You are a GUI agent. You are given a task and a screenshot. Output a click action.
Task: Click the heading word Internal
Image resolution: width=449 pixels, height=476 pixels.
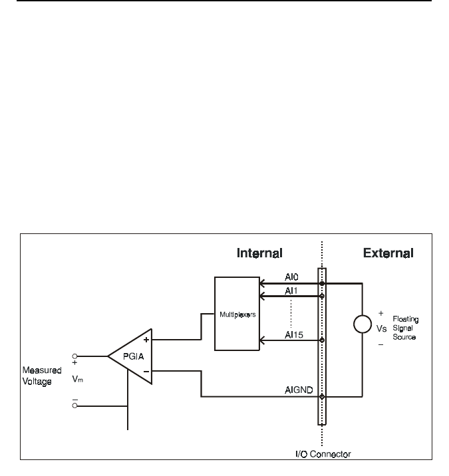pyautogui.click(x=259, y=253)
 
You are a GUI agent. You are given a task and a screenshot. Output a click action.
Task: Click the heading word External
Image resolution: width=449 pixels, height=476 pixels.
pyautogui.click(x=388, y=253)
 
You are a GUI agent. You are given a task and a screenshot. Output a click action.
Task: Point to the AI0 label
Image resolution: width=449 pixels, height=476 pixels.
pyautogui.click(x=291, y=277)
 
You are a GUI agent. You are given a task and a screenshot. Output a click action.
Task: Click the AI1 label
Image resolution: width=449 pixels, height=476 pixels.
pyautogui.click(x=291, y=291)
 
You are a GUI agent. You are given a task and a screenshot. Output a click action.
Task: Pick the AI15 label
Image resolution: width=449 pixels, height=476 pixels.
pyautogui.click(x=294, y=335)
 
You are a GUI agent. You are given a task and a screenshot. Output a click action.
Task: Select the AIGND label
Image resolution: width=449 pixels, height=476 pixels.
pyautogui.click(x=299, y=390)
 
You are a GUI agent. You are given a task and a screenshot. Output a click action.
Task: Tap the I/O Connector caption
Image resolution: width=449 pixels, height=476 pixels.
pyautogui.click(x=323, y=454)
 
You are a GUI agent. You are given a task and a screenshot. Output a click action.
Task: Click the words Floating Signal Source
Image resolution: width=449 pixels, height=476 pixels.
pyautogui.click(x=405, y=328)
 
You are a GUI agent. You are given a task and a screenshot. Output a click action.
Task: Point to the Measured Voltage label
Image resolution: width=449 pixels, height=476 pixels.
pyautogui.click(x=42, y=376)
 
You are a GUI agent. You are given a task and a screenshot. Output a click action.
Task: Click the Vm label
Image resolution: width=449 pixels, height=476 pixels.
pyautogui.click(x=77, y=379)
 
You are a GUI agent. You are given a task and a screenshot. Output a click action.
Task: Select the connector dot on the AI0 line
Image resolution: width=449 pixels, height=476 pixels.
pyautogui.click(x=322, y=283)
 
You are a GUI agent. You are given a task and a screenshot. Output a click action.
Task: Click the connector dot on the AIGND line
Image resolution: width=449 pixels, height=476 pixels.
pyautogui.click(x=322, y=396)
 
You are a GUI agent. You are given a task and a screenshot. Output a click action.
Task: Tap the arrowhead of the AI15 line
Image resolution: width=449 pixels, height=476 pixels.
pyautogui.click(x=262, y=340)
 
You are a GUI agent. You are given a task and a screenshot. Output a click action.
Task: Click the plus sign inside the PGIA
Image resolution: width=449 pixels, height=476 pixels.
pyautogui.click(x=146, y=340)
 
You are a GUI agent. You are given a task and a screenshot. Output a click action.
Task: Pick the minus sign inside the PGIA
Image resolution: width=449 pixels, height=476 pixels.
pyautogui.click(x=146, y=371)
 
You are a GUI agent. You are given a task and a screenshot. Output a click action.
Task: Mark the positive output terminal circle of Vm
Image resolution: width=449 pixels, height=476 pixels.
pyautogui.click(x=75, y=356)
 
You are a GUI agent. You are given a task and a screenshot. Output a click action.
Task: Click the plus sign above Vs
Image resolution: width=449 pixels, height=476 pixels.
pyautogui.click(x=380, y=313)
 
